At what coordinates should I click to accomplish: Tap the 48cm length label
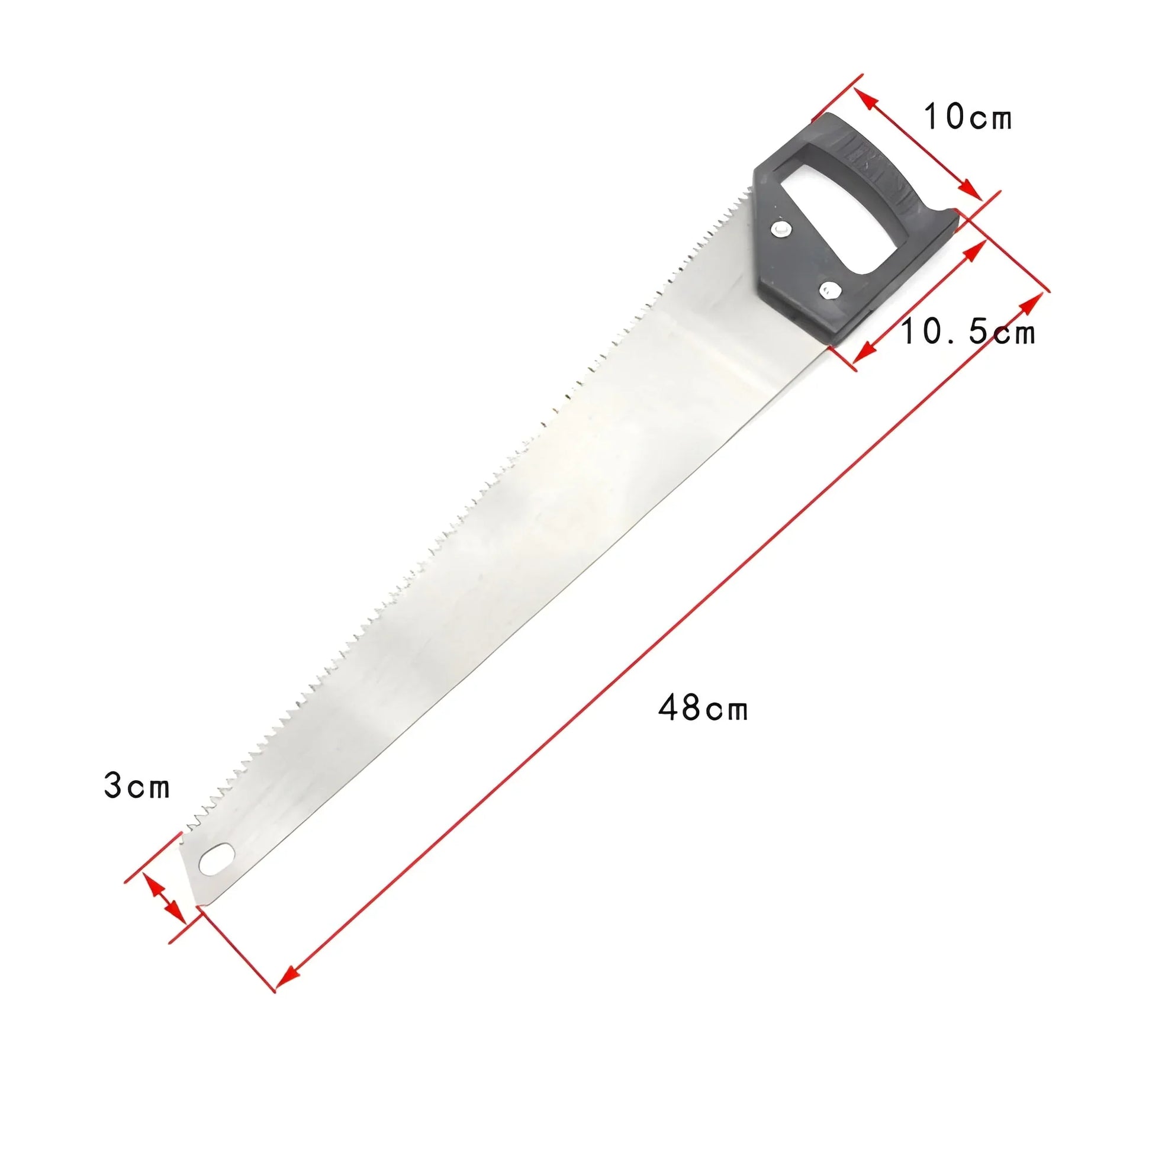point(703,709)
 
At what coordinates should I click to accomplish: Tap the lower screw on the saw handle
point(828,291)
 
